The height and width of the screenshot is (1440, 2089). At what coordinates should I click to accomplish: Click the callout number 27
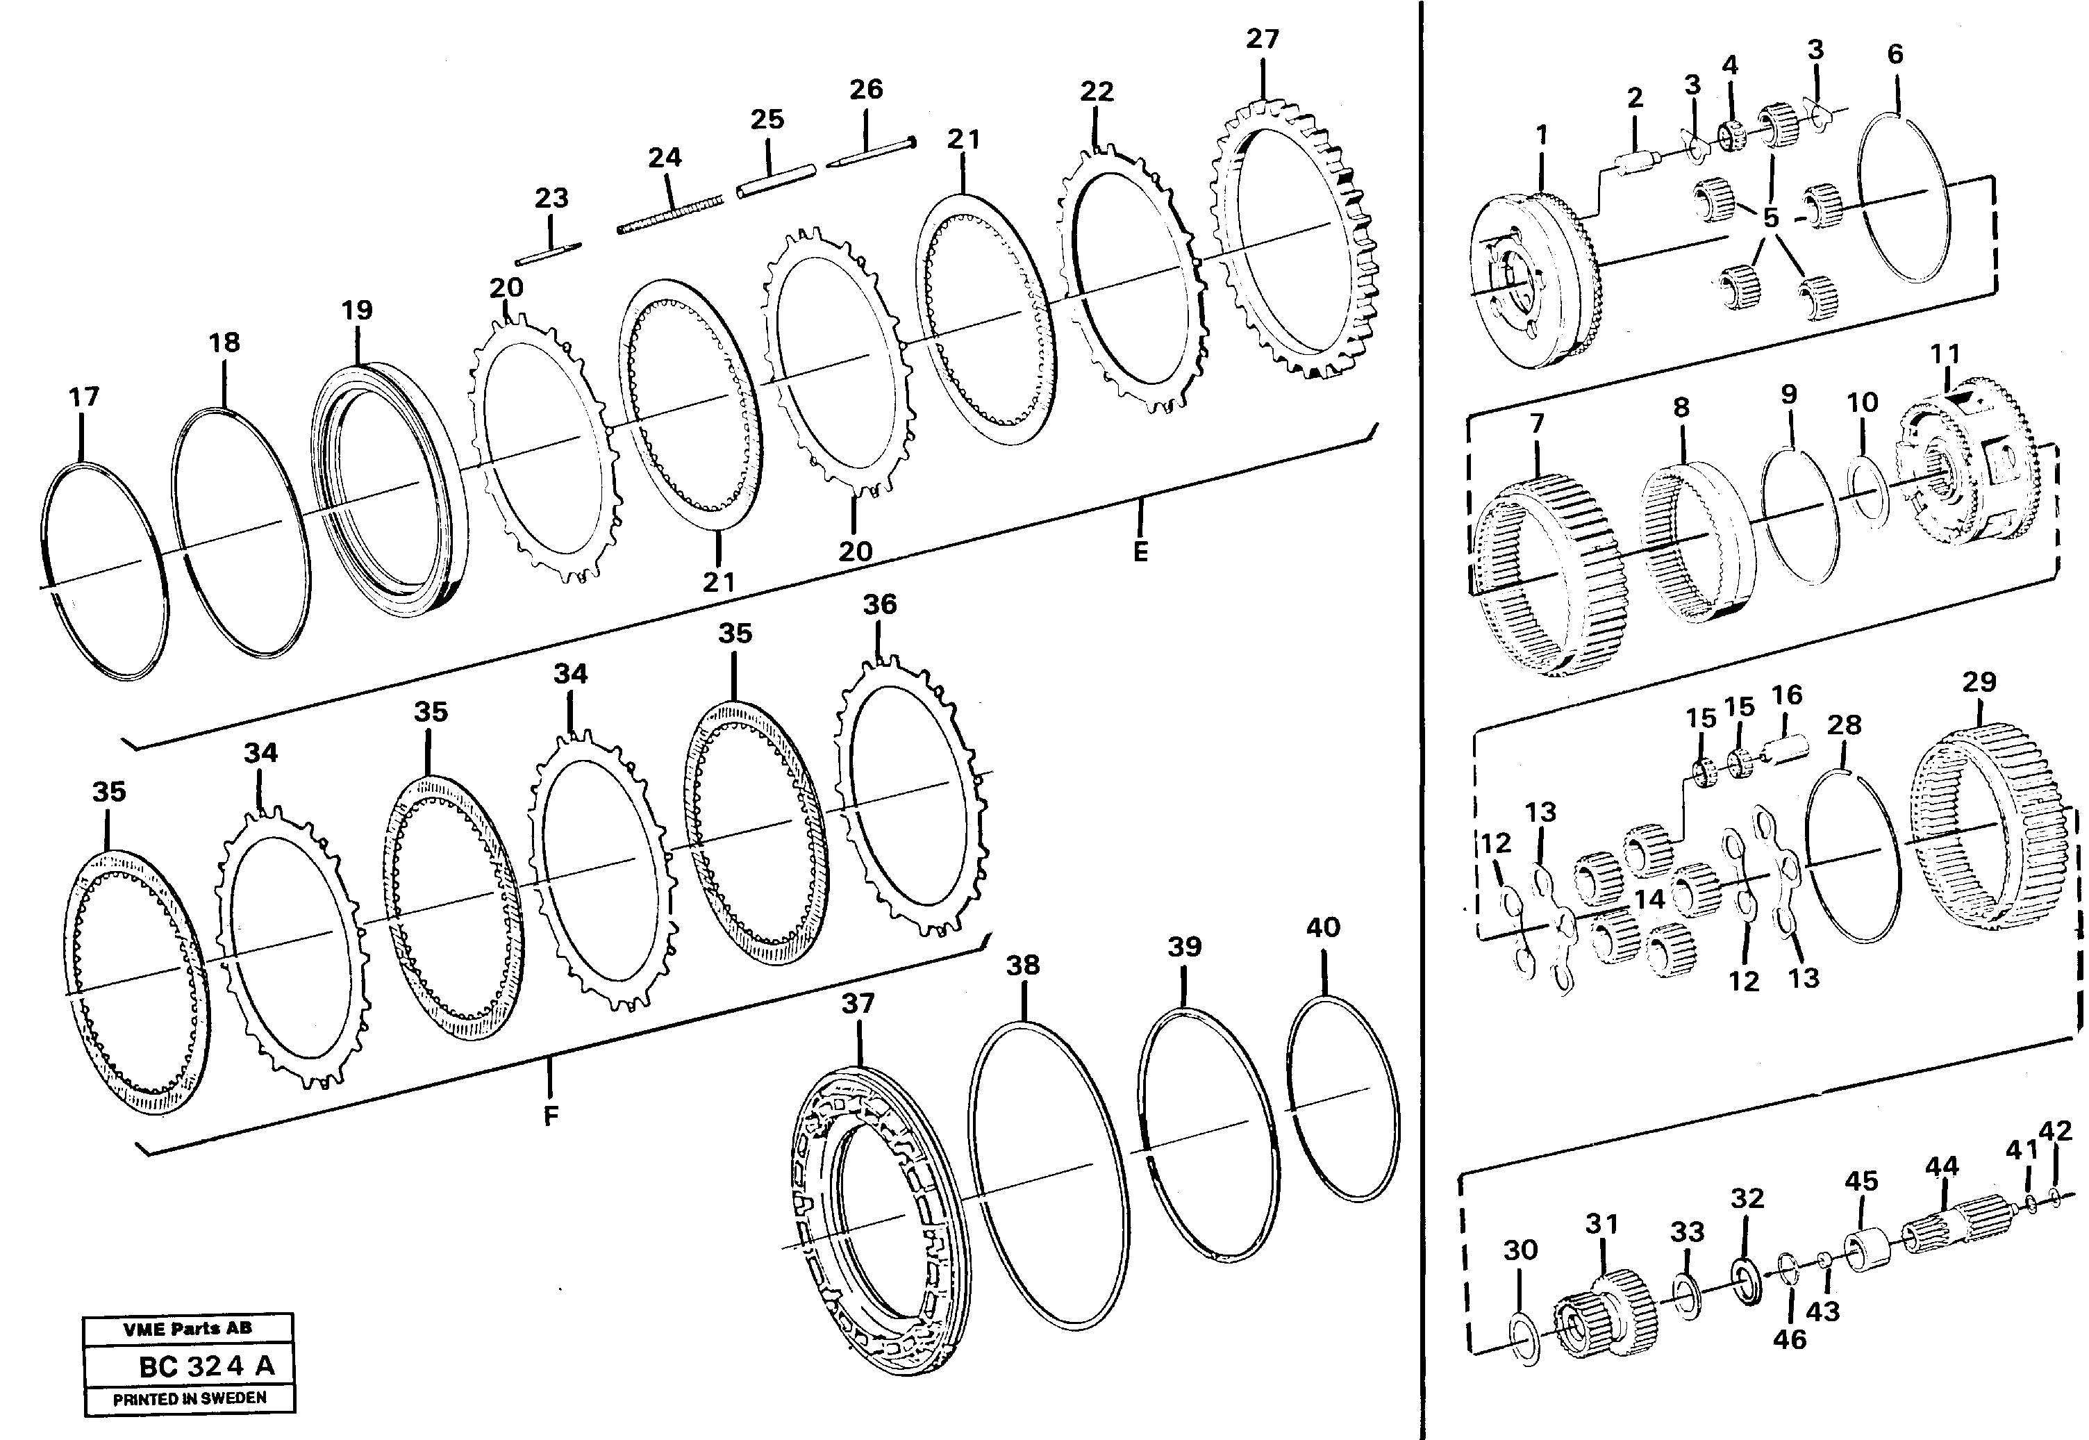1262,39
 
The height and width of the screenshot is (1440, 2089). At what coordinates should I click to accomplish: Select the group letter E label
1140,552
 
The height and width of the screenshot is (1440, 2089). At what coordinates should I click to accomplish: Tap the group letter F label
551,1116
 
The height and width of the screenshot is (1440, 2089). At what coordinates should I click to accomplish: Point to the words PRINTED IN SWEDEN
190,1398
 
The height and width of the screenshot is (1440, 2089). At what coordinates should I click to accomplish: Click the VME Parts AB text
188,1328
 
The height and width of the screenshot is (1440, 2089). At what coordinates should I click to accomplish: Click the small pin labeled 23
552,254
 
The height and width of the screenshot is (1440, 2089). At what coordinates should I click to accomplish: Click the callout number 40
1323,927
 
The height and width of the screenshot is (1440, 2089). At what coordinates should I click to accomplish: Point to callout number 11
1945,354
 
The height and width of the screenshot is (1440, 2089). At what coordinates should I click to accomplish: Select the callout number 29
1979,682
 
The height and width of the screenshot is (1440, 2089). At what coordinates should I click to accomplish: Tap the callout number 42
2056,1156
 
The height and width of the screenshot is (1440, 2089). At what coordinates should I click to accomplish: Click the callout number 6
1895,54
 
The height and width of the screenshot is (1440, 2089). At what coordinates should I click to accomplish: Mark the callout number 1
1542,135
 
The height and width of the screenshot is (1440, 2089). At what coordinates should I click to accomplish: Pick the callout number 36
879,604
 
